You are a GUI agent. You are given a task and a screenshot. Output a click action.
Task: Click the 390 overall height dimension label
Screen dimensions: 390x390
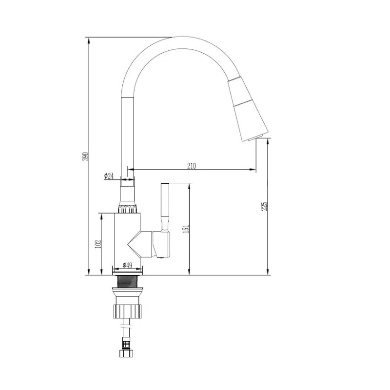click(x=85, y=156)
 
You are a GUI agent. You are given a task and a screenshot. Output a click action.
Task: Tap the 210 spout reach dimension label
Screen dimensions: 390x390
click(x=192, y=166)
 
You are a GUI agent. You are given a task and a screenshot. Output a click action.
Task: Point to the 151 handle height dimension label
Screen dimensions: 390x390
click(x=186, y=229)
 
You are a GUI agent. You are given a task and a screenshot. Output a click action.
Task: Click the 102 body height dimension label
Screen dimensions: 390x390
click(x=98, y=244)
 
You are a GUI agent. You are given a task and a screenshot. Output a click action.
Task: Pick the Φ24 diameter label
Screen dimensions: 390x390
click(x=109, y=176)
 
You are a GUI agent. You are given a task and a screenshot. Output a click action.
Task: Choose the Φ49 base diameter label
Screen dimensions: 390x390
click(x=127, y=265)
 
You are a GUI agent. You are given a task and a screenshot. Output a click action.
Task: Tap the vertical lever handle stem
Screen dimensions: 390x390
click(x=165, y=207)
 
